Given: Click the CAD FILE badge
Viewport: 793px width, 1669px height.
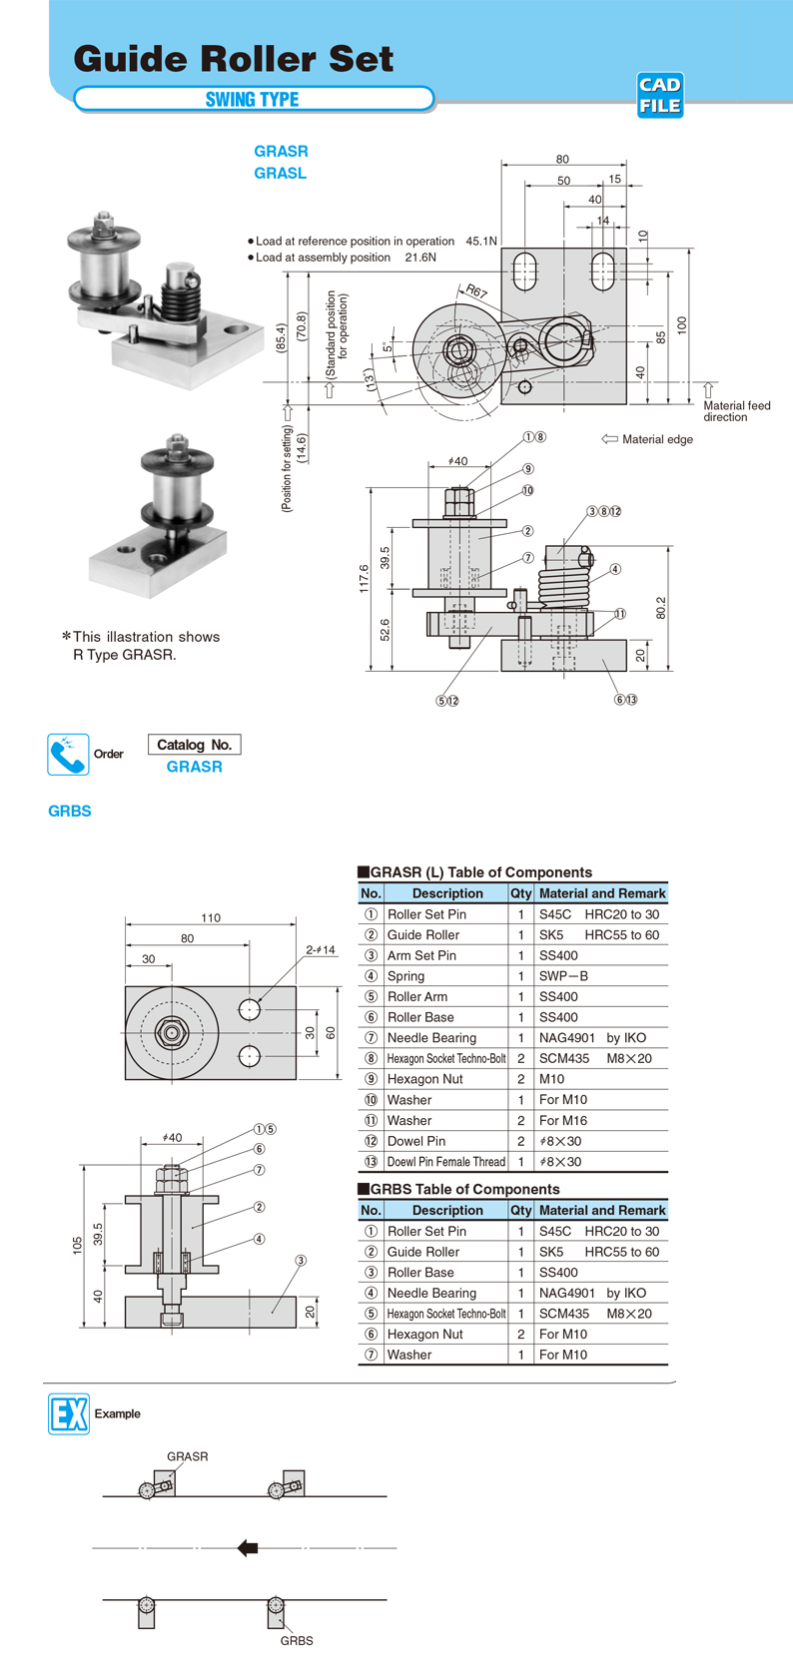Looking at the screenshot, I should [660, 96].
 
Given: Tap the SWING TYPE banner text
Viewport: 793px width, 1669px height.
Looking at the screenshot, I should [253, 99].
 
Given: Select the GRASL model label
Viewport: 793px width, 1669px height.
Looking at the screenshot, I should [281, 174].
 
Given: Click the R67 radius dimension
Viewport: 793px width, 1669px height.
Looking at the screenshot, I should [475, 292].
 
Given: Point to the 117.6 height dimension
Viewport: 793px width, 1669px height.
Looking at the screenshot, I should [365, 579].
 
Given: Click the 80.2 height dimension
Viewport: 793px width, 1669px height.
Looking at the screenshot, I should [660, 607].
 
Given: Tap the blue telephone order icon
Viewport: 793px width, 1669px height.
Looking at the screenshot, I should [68, 755].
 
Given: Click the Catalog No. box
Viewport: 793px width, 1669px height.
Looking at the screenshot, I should [194, 745].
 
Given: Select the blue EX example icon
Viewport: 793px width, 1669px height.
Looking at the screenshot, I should [69, 1413].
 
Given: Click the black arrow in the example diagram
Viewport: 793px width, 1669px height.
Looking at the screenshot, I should [248, 1548].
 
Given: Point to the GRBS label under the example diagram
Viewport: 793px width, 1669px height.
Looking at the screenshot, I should [297, 1641].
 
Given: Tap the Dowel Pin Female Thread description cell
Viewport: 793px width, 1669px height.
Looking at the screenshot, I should [445, 1162].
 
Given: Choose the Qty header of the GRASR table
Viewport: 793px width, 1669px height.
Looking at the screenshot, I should [520, 893].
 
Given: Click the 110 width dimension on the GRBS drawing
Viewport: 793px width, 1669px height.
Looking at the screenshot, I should [211, 918].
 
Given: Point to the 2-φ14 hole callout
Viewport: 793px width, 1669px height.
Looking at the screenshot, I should [321, 950].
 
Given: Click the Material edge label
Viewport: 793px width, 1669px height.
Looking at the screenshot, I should [656, 439].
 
